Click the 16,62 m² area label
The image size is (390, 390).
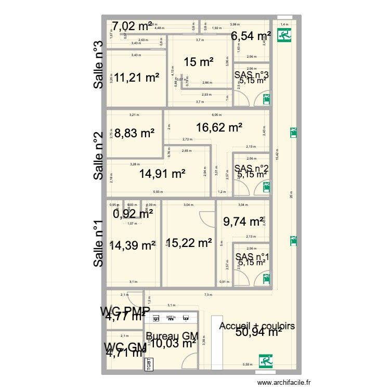point(219,126)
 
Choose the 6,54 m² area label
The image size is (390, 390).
point(251,36)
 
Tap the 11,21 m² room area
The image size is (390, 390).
point(136,77)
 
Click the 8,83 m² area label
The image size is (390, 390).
point(132,133)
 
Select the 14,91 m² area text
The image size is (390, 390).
point(162,174)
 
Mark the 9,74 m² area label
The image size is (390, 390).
point(243,222)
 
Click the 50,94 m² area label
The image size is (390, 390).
point(257,333)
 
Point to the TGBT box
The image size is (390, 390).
point(148,364)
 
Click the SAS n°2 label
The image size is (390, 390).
point(252,168)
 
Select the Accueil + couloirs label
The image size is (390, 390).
point(257,326)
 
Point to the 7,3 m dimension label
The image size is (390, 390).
point(208,295)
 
